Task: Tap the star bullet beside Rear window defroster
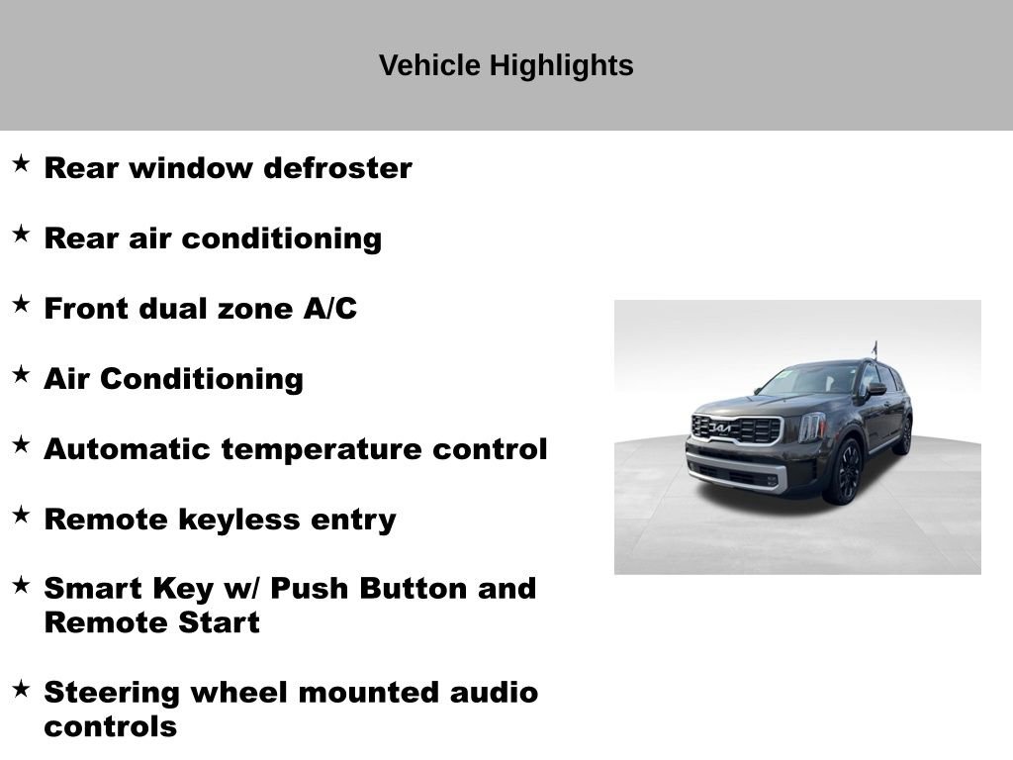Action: click(21, 164)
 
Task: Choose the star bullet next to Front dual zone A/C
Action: click(21, 305)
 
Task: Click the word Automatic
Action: click(129, 449)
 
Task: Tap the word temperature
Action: click(322, 449)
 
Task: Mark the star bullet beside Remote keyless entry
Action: click(21, 516)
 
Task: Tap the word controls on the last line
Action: click(110, 727)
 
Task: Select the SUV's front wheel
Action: click(847, 472)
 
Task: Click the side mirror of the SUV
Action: click(875, 389)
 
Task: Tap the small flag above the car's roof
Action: click(875, 347)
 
